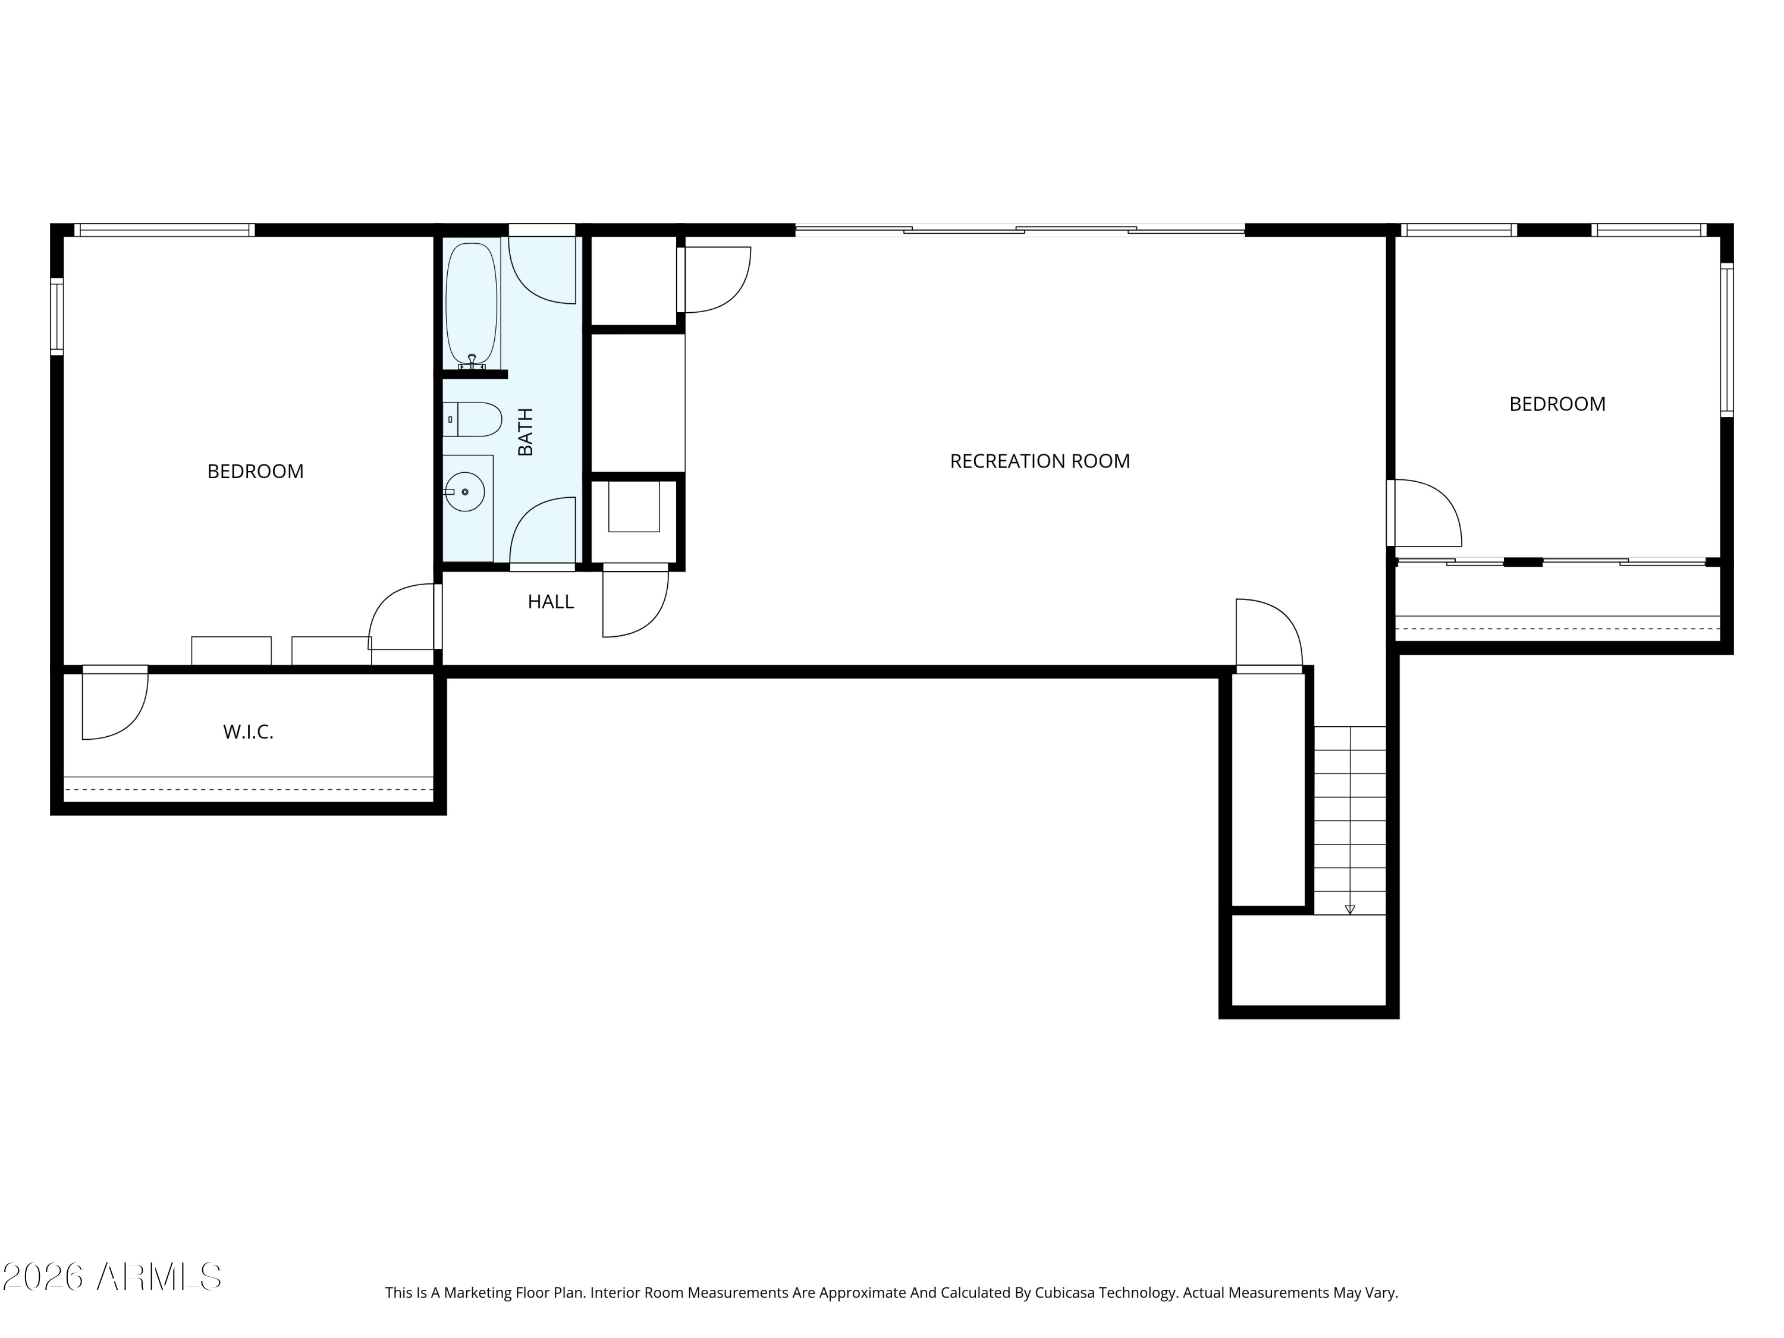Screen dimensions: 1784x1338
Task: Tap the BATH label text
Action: click(525, 432)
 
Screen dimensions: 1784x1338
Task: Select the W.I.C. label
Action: click(249, 732)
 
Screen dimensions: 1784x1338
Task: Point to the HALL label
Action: click(551, 602)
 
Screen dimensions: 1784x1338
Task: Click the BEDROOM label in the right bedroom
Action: click(1557, 404)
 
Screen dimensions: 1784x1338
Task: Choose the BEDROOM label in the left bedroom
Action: click(256, 471)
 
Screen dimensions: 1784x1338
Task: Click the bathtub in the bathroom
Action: click(472, 304)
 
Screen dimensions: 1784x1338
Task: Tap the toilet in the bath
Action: click(473, 419)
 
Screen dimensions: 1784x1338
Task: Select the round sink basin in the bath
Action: click(464, 492)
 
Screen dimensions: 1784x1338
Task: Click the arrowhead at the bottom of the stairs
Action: click(1350, 910)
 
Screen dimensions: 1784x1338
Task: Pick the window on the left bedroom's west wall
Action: click(56, 316)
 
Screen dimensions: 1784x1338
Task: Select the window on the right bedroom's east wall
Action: click(1727, 340)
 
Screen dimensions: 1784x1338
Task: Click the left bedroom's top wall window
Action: click(165, 230)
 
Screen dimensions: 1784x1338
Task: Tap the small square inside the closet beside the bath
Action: click(634, 507)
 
